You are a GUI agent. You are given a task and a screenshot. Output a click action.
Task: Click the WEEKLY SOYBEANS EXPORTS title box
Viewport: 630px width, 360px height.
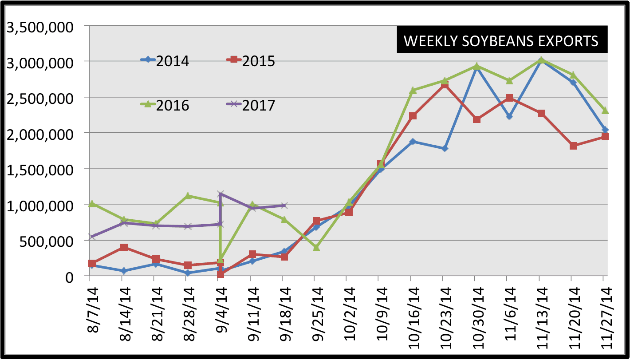pyautogui.click(x=501, y=41)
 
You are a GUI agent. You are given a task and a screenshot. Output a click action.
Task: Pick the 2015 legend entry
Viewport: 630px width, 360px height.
pyautogui.click(x=251, y=61)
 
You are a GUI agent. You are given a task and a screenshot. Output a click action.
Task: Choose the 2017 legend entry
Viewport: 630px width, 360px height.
pyautogui.click(x=251, y=105)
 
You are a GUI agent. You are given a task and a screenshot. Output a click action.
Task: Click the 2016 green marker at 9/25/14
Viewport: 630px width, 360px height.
pyautogui.click(x=316, y=247)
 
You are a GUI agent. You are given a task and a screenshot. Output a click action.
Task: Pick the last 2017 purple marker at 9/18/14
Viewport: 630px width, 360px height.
pyautogui.click(x=284, y=206)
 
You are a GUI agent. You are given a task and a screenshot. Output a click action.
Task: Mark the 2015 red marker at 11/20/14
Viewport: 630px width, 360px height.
pyautogui.click(x=573, y=146)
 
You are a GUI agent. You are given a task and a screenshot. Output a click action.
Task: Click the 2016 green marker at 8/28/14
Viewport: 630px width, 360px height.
pyautogui.click(x=188, y=196)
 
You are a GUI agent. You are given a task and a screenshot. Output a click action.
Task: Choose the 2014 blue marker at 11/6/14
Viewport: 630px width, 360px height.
pyautogui.click(x=509, y=116)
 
